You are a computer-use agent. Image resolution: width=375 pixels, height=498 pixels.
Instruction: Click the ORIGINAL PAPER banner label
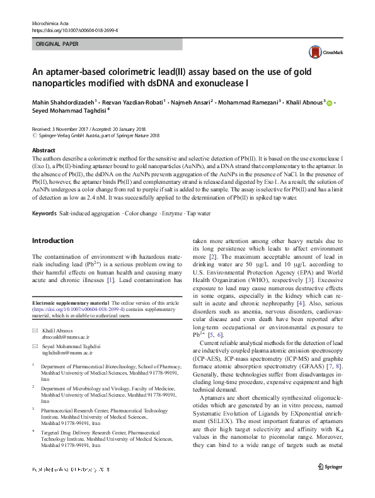pyautogui.click(x=57, y=45)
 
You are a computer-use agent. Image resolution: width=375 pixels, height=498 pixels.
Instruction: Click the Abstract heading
pyautogui.click(x=43, y=150)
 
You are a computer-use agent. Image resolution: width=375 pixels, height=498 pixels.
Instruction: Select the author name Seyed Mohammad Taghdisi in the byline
pyautogui.click(x=69, y=111)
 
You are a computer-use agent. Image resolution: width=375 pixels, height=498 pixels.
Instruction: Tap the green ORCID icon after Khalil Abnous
pyautogui.click(x=329, y=102)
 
